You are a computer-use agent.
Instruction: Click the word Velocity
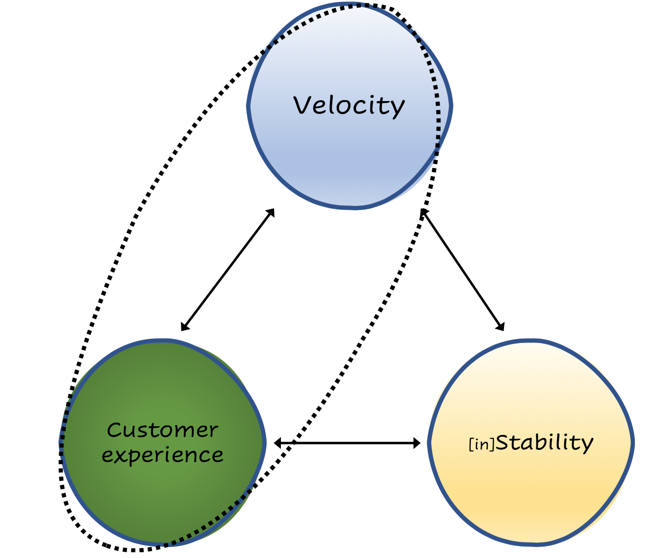pyautogui.click(x=349, y=105)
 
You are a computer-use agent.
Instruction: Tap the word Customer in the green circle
pyautogui.click(x=163, y=430)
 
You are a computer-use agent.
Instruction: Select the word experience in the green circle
pyautogui.click(x=163, y=455)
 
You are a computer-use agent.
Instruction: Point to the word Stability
pyautogui.click(x=544, y=443)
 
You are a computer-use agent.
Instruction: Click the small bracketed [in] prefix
pyautogui.click(x=481, y=445)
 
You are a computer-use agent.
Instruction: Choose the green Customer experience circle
pyautogui.click(x=163, y=495)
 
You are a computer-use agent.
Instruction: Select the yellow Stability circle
pyautogui.click(x=531, y=491)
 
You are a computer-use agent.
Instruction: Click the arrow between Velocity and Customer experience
pyautogui.click(x=227, y=270)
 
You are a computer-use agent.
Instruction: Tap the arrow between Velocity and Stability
pyautogui.click(x=463, y=270)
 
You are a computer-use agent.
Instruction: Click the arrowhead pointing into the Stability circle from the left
pyautogui.click(x=417, y=443)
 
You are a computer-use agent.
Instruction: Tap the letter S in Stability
pyautogui.click(x=503, y=442)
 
